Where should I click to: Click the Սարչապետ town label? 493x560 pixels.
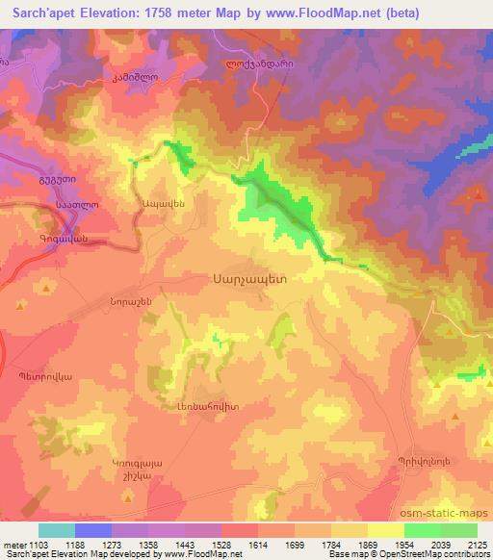click(x=248, y=275)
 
